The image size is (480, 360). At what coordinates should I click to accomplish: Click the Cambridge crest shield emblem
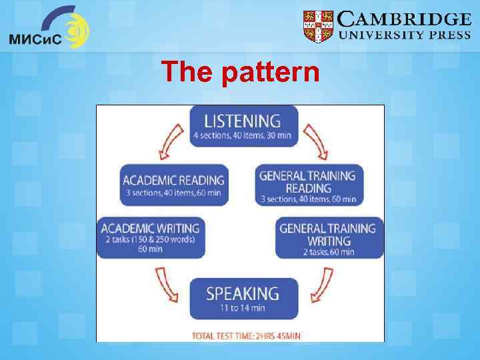[318, 27]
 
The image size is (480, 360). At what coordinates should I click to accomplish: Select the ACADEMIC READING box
[173, 185]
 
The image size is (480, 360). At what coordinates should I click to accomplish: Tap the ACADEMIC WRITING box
[149, 237]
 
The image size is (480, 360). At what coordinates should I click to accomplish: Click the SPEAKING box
[242, 298]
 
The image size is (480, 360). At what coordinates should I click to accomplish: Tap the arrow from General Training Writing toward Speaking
[320, 283]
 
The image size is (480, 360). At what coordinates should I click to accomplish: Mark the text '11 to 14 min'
[242, 308]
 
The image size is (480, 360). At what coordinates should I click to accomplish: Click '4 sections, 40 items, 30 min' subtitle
[242, 137]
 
